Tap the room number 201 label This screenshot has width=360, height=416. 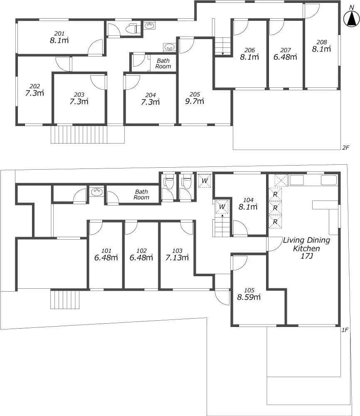[x=59, y=33]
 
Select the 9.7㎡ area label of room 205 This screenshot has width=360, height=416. [x=194, y=101]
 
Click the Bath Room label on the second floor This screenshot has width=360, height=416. [x=163, y=63]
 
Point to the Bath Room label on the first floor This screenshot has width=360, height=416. [x=141, y=194]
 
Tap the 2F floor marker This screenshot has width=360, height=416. [x=345, y=148]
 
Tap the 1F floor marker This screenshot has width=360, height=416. [x=345, y=330]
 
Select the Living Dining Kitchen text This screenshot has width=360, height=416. [x=306, y=244]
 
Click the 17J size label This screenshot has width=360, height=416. [x=306, y=256]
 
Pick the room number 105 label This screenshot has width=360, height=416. [x=249, y=290]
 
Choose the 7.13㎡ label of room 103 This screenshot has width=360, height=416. [x=177, y=258]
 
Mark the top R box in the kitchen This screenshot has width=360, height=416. [x=275, y=194]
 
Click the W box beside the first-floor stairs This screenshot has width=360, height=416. [x=222, y=207]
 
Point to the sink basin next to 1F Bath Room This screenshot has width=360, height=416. [x=96, y=191]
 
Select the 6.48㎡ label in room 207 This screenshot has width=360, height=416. [x=285, y=57]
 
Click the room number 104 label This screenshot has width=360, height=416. [x=248, y=200]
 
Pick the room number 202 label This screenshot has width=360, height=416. [x=35, y=86]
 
